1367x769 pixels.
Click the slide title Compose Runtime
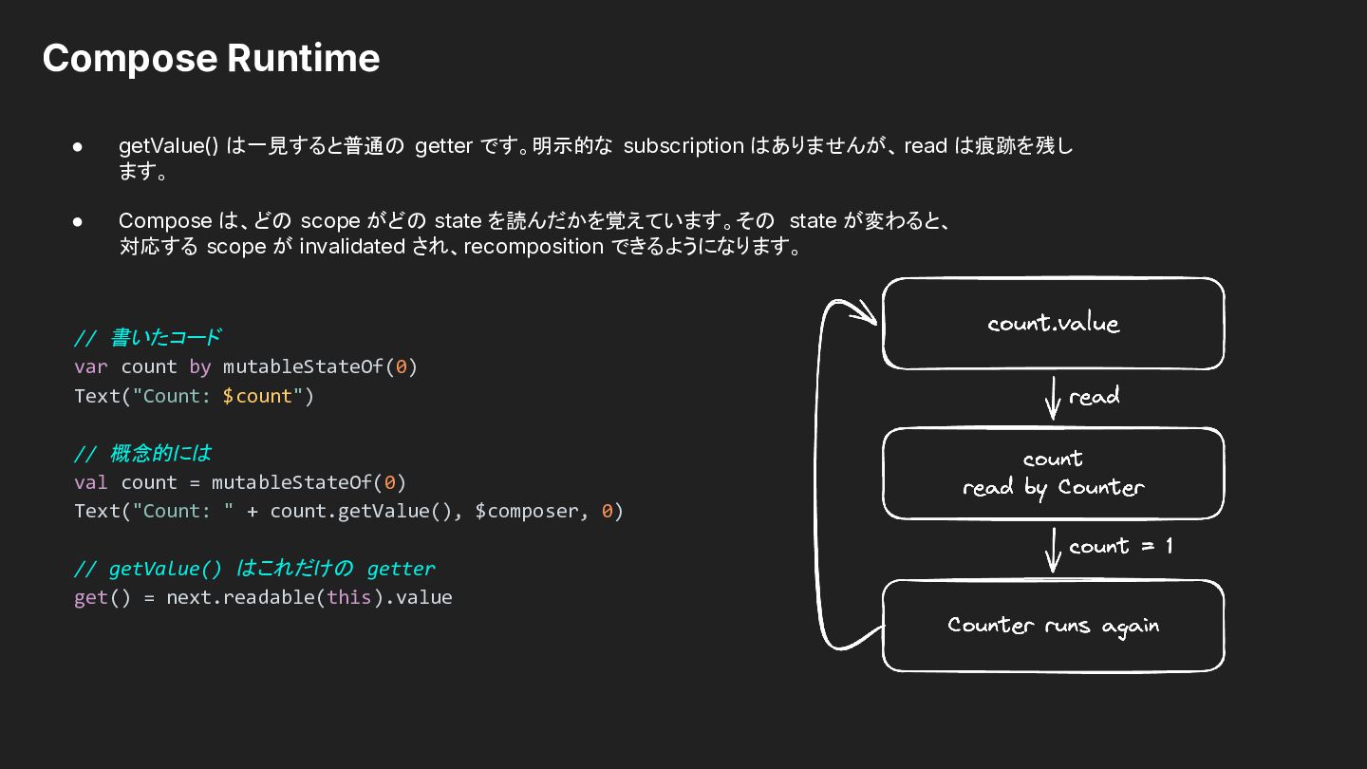pos(211,59)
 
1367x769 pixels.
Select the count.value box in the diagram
pos(1054,324)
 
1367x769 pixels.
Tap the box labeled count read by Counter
pos(1054,474)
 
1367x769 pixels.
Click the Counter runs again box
pos(1054,626)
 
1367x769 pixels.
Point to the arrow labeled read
pos(1053,398)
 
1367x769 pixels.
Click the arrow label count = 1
pos(1120,546)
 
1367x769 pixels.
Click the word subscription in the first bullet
pos(683,146)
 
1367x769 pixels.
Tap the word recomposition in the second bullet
pos(534,247)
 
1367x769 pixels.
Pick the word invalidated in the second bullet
pos(352,247)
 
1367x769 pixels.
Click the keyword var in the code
pos(91,366)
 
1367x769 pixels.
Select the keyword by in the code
pos(200,366)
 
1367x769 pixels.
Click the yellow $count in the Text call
pos(257,396)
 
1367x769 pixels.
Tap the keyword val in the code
pos(91,482)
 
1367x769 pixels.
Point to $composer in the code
pos(526,512)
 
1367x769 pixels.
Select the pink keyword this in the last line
pos(349,597)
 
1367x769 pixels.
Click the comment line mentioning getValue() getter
pos(254,569)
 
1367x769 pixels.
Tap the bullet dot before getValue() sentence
pos(78,147)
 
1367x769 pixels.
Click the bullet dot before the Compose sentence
pos(78,221)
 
